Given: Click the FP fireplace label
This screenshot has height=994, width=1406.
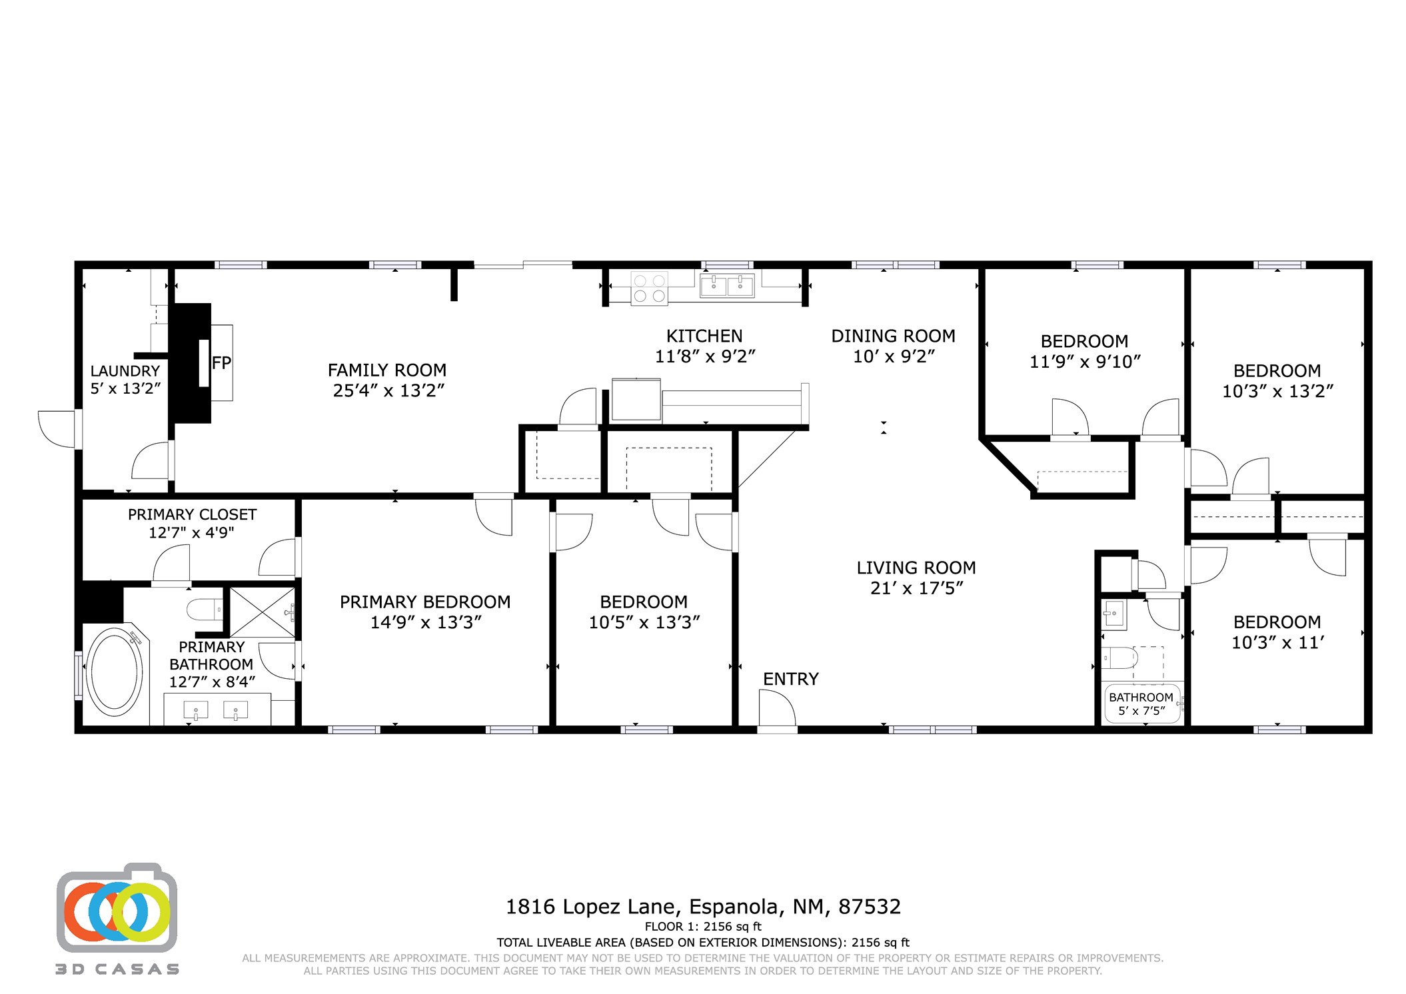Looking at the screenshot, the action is [x=221, y=363].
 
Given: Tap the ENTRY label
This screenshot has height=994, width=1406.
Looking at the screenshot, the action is [x=790, y=679].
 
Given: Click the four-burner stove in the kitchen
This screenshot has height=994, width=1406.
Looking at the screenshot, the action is [x=650, y=288].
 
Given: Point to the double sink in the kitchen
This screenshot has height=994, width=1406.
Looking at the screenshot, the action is [x=727, y=285].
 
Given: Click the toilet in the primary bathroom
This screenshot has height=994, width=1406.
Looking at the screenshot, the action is [x=205, y=609].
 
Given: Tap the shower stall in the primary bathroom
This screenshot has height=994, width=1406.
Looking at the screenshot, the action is [x=262, y=612].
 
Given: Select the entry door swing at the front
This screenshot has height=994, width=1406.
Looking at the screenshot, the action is [x=777, y=708].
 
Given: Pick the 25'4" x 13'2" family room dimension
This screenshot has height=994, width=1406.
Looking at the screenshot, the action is [x=388, y=390].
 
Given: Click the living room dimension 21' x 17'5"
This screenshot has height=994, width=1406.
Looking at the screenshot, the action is [x=916, y=588].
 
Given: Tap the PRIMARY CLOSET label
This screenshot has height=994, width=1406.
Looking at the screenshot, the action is [x=192, y=514].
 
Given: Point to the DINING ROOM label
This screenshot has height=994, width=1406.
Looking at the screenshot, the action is [x=893, y=336].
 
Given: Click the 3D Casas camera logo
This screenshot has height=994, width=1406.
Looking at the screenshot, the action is [x=117, y=907].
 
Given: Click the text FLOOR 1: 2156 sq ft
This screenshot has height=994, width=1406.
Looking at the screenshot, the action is [x=703, y=926].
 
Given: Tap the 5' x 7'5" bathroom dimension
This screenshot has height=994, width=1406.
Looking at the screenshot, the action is [x=1141, y=711].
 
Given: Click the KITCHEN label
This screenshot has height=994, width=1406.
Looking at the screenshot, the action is [x=704, y=336].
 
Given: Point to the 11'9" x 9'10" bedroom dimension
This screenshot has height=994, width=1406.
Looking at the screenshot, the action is [x=1085, y=362].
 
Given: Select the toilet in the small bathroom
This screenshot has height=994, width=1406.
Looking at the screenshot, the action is [x=1119, y=658].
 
